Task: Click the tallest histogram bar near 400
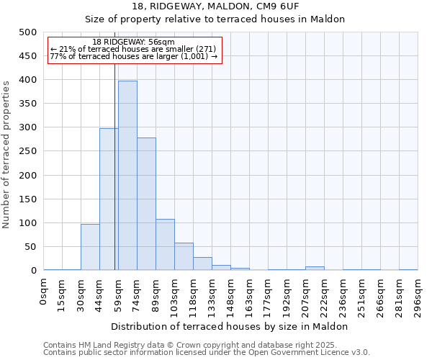click(x=127, y=176)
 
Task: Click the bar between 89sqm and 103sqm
click(x=165, y=245)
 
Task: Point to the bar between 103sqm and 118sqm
click(x=184, y=256)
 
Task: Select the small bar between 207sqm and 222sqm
click(x=315, y=269)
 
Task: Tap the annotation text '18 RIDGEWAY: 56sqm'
click(x=134, y=42)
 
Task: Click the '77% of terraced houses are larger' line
click(x=134, y=56)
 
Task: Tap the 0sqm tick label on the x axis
click(x=44, y=292)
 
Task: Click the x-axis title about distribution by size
click(x=230, y=326)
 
